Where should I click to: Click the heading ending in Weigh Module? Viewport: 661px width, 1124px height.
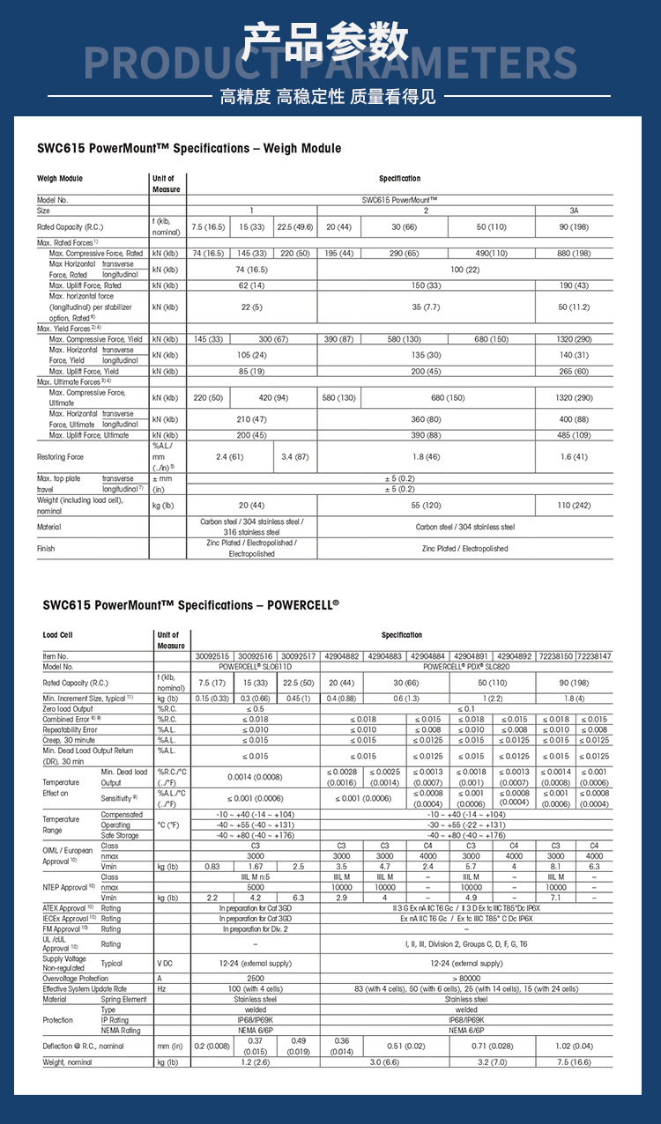click(189, 148)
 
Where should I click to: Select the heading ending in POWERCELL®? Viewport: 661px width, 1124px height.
click(190, 605)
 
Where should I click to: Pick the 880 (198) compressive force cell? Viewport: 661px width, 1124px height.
click(574, 253)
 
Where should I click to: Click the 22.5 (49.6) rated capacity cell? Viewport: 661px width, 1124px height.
click(295, 226)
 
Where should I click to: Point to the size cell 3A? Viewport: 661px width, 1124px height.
click(574, 211)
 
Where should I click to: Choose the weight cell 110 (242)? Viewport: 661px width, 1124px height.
click(574, 505)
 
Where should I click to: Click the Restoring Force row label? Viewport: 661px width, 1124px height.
click(61, 457)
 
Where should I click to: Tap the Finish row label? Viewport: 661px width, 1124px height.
click(46, 548)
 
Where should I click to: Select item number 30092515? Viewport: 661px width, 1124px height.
click(212, 656)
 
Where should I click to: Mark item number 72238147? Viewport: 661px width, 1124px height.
click(595, 656)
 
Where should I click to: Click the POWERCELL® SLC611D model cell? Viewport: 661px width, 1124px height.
click(256, 667)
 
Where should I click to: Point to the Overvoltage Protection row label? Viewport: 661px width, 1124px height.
click(76, 978)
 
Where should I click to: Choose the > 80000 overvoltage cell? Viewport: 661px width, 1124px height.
click(466, 978)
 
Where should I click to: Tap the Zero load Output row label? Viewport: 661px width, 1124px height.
click(68, 708)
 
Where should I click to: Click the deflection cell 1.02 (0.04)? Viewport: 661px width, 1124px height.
click(574, 1046)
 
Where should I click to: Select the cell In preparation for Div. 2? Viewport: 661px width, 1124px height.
click(256, 928)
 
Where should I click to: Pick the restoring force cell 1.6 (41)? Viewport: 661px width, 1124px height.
click(574, 457)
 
